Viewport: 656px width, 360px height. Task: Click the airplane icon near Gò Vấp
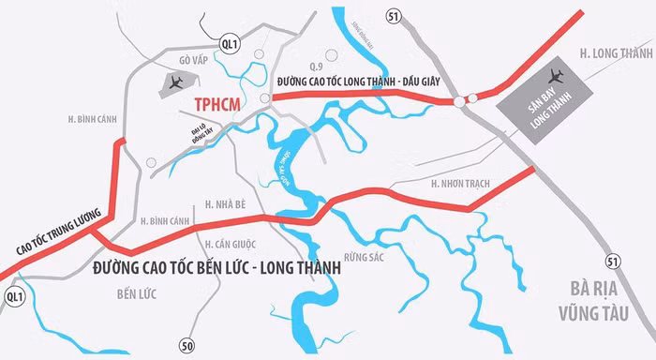pos(174,83)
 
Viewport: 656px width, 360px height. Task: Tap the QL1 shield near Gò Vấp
pos(227,44)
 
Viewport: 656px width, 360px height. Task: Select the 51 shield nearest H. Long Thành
pos(393,15)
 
